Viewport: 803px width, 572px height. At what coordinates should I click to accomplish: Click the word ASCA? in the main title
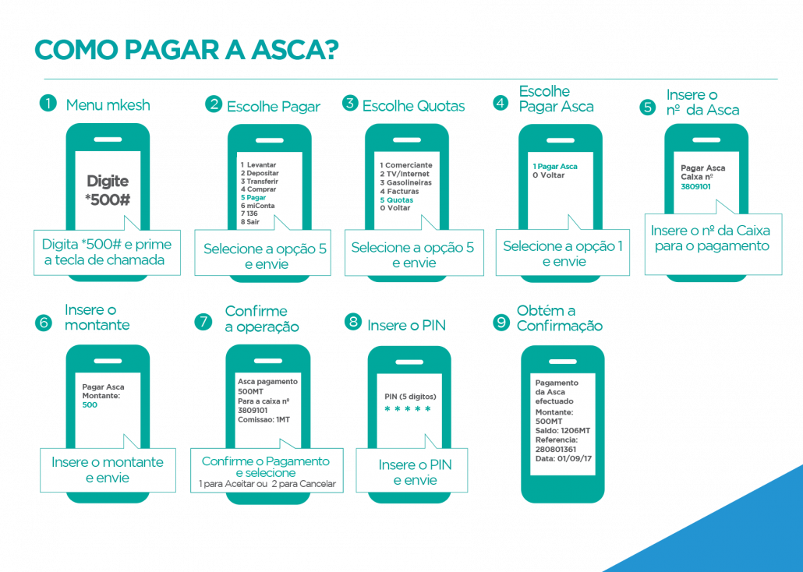(x=295, y=50)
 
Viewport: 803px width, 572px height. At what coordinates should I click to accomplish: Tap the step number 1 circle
(x=48, y=104)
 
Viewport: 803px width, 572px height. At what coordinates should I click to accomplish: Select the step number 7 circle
(x=203, y=322)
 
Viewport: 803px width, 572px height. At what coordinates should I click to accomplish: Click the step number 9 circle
(x=501, y=322)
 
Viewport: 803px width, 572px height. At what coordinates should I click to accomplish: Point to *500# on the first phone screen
(x=108, y=199)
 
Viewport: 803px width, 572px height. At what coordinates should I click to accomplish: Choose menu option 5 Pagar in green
(x=253, y=197)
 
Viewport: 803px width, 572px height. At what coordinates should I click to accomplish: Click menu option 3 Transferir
(x=260, y=182)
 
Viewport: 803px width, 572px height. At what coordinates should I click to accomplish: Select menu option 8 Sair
(x=250, y=222)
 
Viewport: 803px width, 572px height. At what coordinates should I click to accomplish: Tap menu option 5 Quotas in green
(x=396, y=199)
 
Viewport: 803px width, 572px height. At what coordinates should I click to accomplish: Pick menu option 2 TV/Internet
(x=405, y=174)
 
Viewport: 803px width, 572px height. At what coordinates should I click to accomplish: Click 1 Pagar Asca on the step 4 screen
(x=555, y=167)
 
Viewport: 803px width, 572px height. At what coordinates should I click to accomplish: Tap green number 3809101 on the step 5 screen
(x=695, y=186)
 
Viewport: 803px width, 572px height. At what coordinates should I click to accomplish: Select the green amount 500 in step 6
(x=90, y=404)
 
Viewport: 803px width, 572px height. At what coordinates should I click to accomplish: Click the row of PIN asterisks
(x=408, y=408)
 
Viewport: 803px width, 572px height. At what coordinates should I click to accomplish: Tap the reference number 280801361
(x=556, y=449)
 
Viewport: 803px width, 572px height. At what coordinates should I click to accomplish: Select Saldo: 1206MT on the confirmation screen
(x=563, y=431)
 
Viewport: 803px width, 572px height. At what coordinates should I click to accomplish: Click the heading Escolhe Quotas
(x=414, y=106)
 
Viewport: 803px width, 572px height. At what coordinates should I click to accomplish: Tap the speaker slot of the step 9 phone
(x=562, y=362)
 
